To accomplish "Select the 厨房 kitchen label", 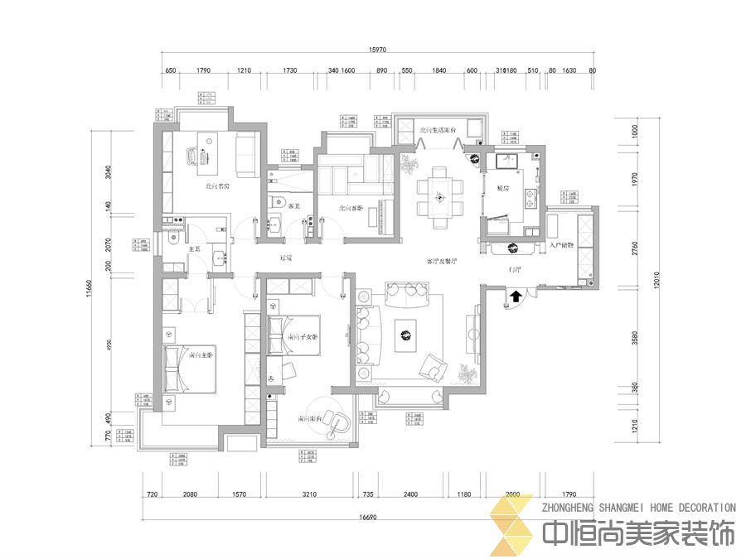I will coord(502,188).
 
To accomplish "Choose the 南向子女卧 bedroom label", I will coord(303,337).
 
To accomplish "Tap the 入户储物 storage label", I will coord(563,245).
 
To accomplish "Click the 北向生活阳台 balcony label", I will coord(439,130).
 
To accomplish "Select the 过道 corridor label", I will coord(287,258).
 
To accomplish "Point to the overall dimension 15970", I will coord(377,51).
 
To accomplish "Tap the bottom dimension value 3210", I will coord(310,494).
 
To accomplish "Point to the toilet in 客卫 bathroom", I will coord(279,201).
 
